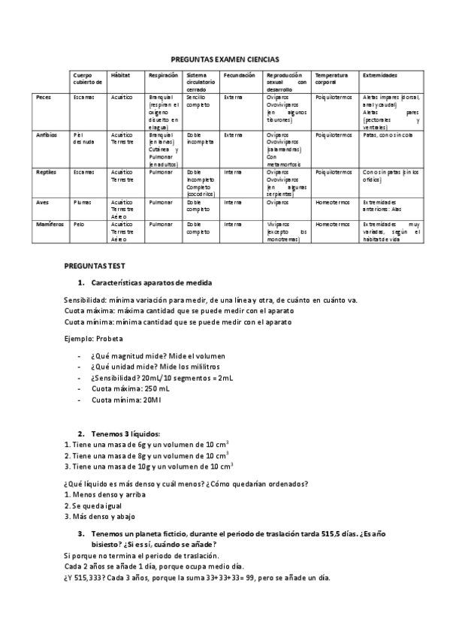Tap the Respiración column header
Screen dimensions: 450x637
pos(163,76)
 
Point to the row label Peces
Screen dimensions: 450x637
pos(44,97)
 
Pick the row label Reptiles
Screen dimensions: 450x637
pos(47,172)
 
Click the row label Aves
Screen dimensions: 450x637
pos(43,202)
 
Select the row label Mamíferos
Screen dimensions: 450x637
pos(50,224)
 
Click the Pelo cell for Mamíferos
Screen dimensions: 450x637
pos(78,224)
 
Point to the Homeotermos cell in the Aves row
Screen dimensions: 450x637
pos(332,202)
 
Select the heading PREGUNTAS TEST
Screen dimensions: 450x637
pos(95,266)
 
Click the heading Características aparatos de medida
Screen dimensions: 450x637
pos(151,282)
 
